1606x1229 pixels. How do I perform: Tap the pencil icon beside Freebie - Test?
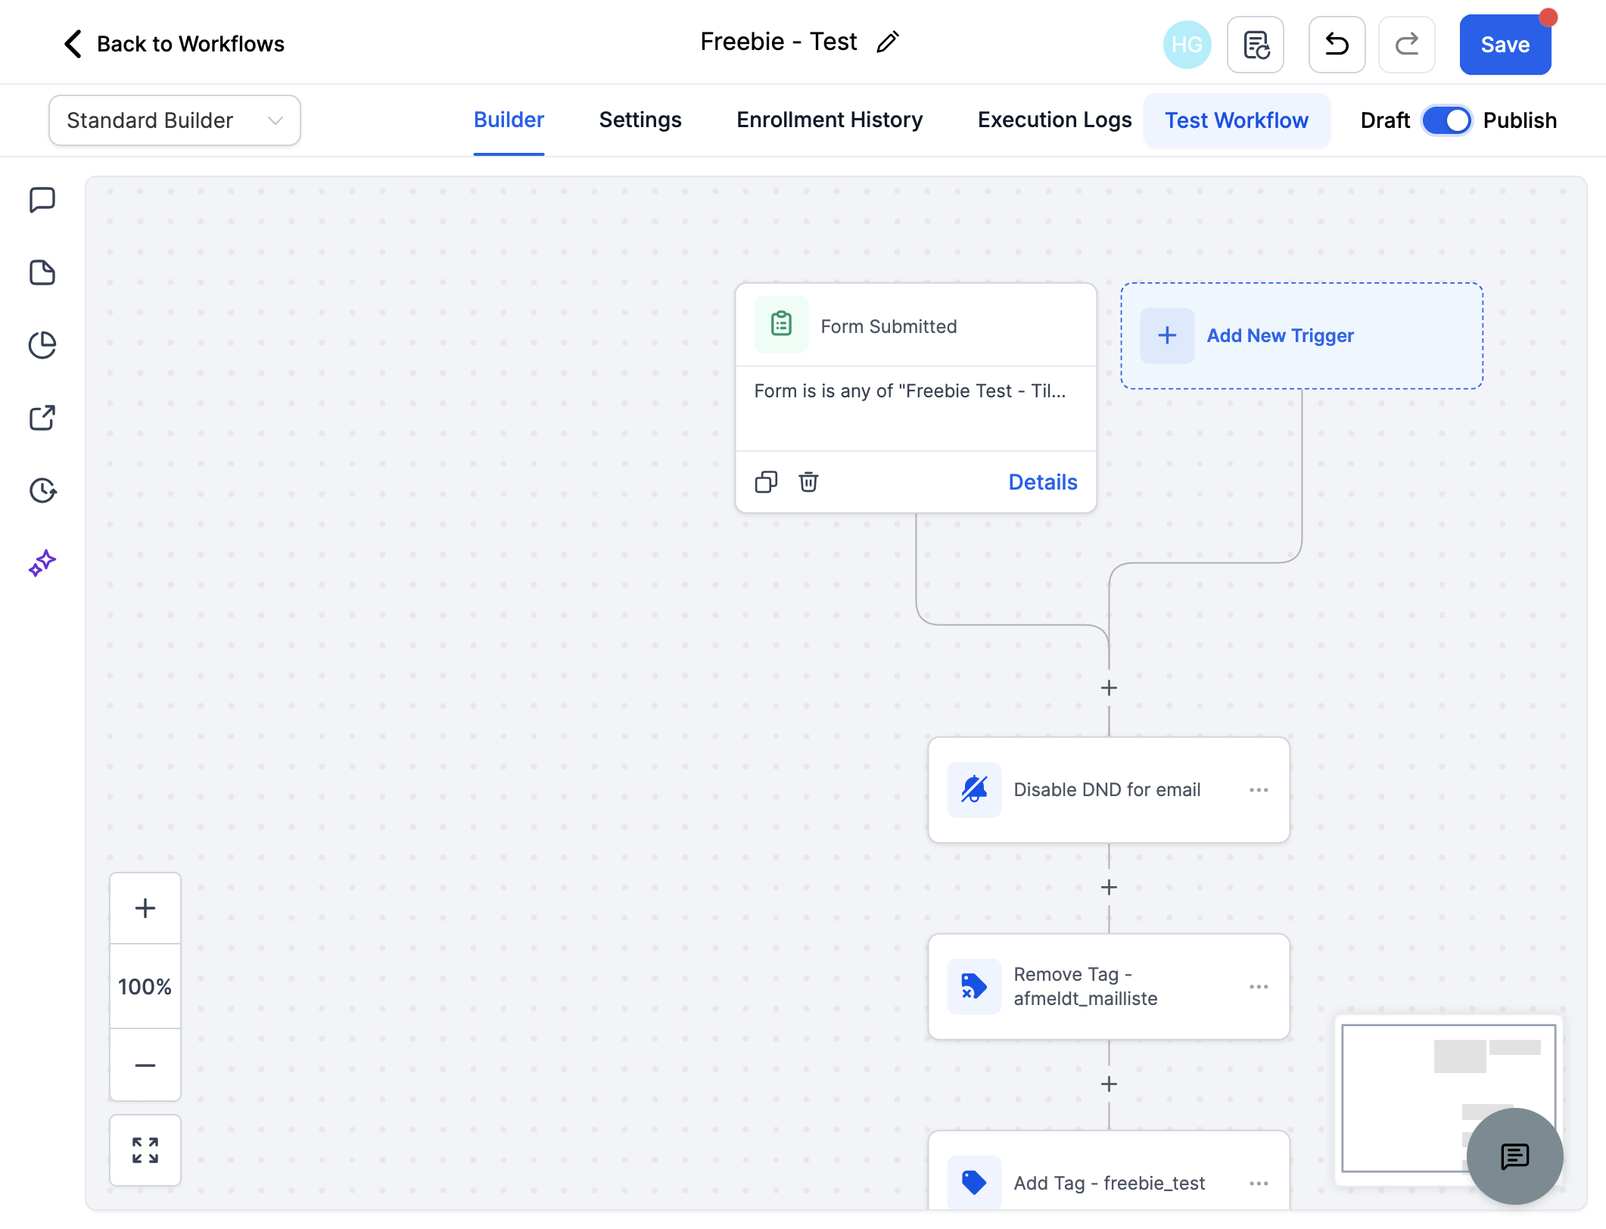(x=888, y=42)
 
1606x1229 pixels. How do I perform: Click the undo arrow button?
(x=1337, y=45)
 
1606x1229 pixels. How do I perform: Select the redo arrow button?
(x=1406, y=45)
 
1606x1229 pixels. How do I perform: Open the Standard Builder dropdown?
(x=175, y=120)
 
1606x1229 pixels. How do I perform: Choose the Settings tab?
(x=640, y=120)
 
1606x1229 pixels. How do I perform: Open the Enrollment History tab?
(x=829, y=120)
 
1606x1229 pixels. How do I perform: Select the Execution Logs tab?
(x=1054, y=120)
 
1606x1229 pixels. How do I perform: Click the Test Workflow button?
(x=1237, y=120)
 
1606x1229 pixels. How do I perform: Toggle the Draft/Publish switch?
(x=1446, y=120)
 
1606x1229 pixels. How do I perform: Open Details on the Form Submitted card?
(x=1043, y=482)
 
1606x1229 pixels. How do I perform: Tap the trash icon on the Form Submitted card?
(x=808, y=482)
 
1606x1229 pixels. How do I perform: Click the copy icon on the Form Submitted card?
(x=766, y=482)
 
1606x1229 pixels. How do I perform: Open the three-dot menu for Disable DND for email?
(x=1259, y=790)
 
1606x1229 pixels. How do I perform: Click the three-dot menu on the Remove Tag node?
(x=1259, y=987)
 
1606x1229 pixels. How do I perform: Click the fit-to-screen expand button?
(x=145, y=1150)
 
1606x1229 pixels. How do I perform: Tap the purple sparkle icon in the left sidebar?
(x=42, y=563)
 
